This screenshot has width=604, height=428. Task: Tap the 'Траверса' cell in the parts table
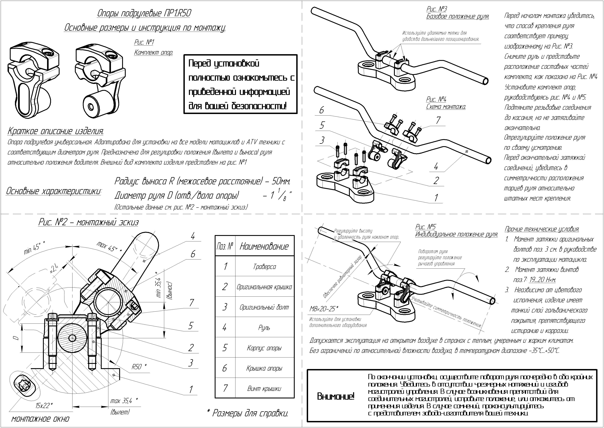coord(264,266)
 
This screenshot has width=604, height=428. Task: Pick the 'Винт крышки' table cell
coord(264,388)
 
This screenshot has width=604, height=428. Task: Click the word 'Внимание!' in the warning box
coord(336,396)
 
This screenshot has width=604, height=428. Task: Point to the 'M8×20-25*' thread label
coord(324,309)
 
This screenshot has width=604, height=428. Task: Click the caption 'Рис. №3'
coord(437,9)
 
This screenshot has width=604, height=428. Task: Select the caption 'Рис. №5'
coord(425,227)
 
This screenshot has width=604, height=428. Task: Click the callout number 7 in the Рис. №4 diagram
coord(438,120)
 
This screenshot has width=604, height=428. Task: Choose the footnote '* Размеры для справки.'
coord(247,413)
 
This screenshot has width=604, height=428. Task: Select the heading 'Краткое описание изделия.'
coord(55,131)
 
